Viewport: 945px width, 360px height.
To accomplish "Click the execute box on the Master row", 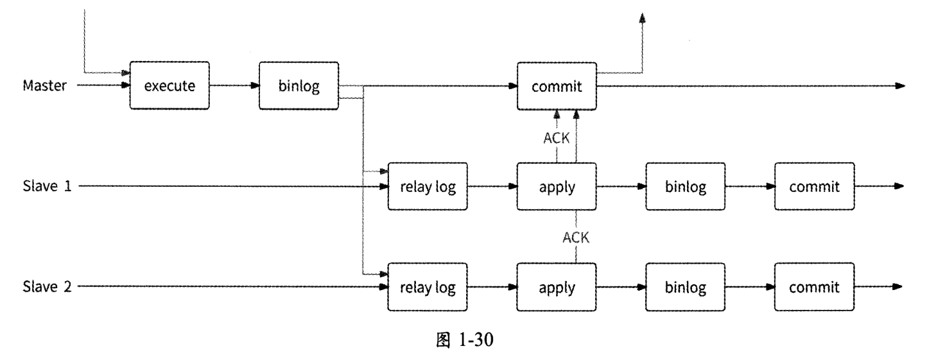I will (x=169, y=86).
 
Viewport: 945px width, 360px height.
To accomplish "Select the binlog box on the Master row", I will (x=299, y=86).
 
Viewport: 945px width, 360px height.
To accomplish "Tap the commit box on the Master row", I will (x=557, y=86).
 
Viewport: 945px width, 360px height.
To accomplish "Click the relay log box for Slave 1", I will (x=428, y=187).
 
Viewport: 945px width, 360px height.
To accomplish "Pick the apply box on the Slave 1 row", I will (x=557, y=187).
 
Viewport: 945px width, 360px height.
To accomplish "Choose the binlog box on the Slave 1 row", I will (x=686, y=187).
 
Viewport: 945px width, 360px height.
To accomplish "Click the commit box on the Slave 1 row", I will (x=814, y=187).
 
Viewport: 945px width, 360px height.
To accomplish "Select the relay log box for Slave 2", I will (x=428, y=287).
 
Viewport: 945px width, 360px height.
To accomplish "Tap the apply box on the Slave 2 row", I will (x=557, y=287).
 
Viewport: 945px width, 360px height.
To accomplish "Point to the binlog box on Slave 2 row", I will (x=686, y=287).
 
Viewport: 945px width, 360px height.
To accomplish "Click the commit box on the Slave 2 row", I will (x=814, y=287).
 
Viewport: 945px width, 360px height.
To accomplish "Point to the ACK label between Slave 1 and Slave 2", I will (x=575, y=237).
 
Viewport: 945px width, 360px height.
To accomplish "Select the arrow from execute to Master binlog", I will (x=234, y=86).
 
